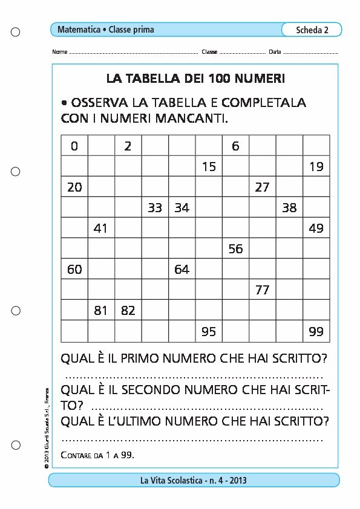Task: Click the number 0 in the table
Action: pos(74,146)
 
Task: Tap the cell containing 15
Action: pos(209,166)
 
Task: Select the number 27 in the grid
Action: pos(262,187)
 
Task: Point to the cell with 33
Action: pos(155,207)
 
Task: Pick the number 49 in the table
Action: pos(316,228)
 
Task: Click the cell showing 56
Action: pos(235,248)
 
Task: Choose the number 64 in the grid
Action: pos(182,269)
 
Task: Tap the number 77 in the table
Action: pos(262,290)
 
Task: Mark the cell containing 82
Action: pos(128,310)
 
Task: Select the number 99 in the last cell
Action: pos(316,331)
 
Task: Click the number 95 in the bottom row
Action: pos(209,331)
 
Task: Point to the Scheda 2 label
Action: pos(312,30)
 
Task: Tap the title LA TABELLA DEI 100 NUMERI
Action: pos(195,79)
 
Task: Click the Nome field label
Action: pos(60,52)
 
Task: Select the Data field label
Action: pos(275,52)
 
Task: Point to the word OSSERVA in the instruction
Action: pos(100,102)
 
